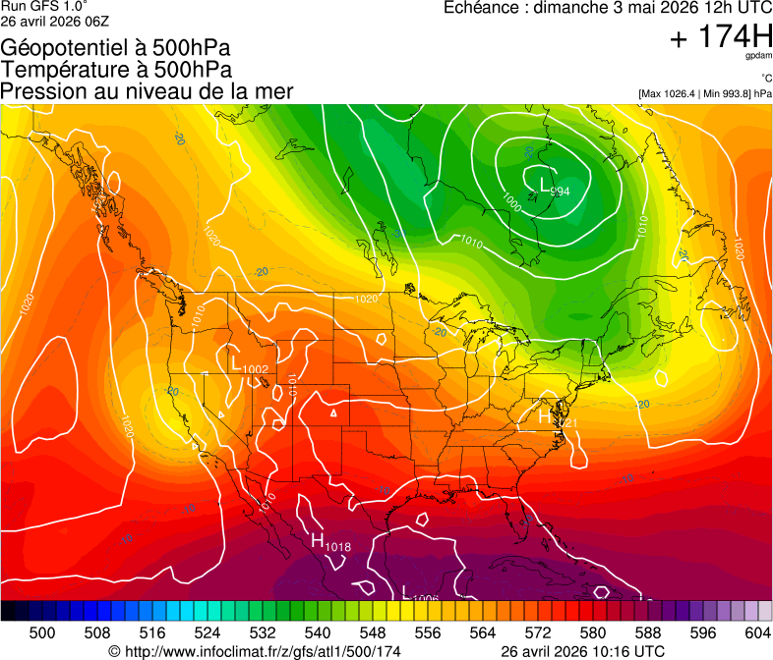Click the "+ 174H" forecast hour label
(720, 38)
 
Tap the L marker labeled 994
(547, 184)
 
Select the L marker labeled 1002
(235, 363)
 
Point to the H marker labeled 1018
(318, 540)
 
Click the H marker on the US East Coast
(544, 416)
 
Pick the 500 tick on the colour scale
(42, 632)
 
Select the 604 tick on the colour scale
(757, 632)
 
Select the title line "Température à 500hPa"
(116, 70)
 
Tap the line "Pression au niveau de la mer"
(147, 91)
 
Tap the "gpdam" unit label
(756, 57)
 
